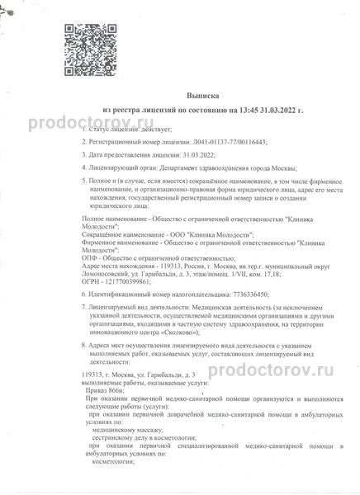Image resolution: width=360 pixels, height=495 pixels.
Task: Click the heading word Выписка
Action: [x=179, y=95]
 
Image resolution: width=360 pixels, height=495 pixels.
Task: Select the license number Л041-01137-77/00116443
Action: [x=232, y=143]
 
